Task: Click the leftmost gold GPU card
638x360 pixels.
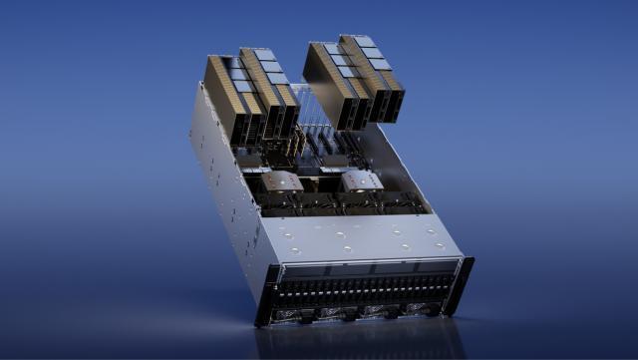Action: point(227,100)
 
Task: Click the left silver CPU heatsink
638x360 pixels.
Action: point(281,181)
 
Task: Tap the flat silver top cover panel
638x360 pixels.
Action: point(359,236)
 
